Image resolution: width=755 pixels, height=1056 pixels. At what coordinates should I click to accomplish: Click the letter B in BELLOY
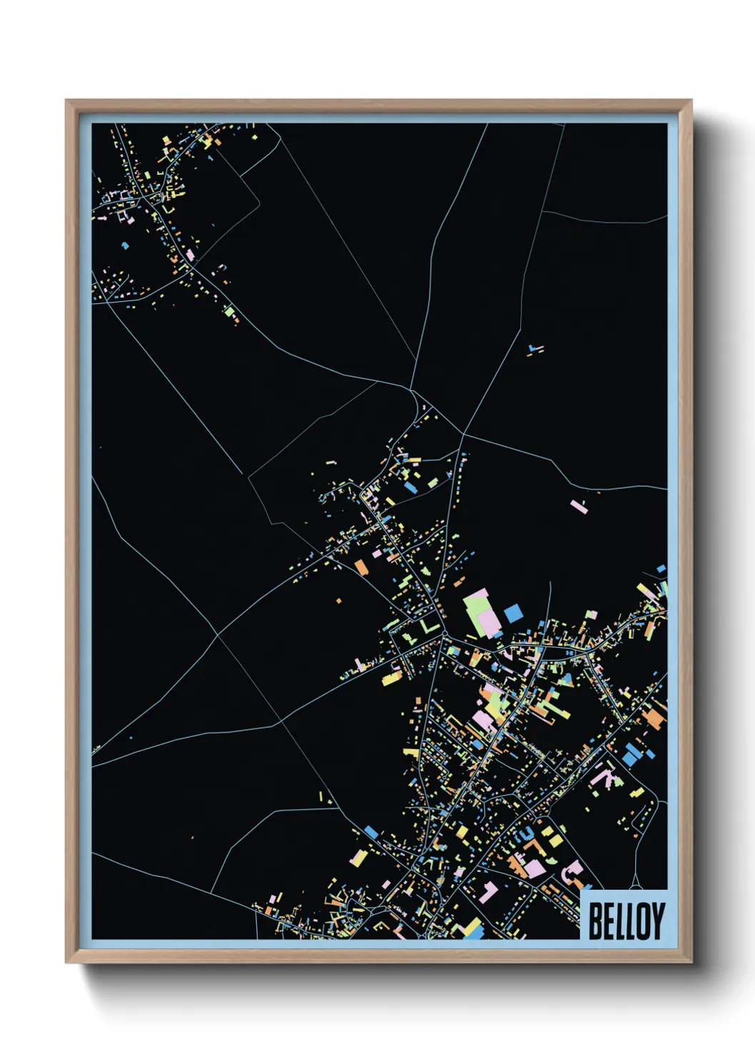point(594,921)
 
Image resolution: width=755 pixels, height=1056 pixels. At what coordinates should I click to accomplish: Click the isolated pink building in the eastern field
point(579,507)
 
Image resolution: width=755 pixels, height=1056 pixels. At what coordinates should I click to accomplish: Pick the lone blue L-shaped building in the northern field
point(534,350)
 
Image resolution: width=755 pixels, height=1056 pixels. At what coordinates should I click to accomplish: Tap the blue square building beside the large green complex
point(513,613)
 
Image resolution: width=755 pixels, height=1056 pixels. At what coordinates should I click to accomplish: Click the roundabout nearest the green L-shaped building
point(444,634)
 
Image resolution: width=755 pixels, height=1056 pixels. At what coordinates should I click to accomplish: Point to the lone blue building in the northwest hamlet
point(126,245)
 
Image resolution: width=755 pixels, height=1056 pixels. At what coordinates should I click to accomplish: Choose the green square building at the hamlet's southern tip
point(229,312)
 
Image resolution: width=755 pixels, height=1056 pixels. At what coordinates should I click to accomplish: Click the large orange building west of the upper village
point(361,567)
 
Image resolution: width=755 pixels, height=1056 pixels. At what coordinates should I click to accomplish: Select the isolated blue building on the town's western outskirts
point(370,832)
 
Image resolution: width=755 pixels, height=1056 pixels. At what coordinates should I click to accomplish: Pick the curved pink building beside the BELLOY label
point(571,873)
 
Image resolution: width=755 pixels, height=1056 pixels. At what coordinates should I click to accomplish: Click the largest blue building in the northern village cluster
point(410,487)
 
